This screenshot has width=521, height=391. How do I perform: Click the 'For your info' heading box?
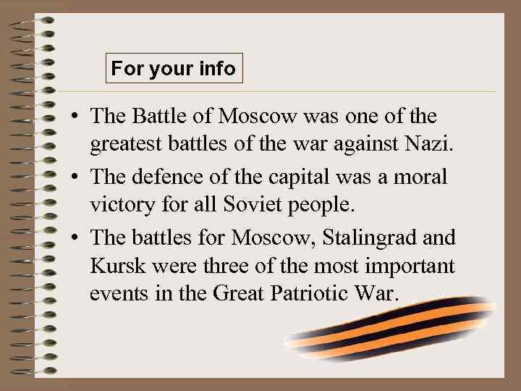coord(173,69)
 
